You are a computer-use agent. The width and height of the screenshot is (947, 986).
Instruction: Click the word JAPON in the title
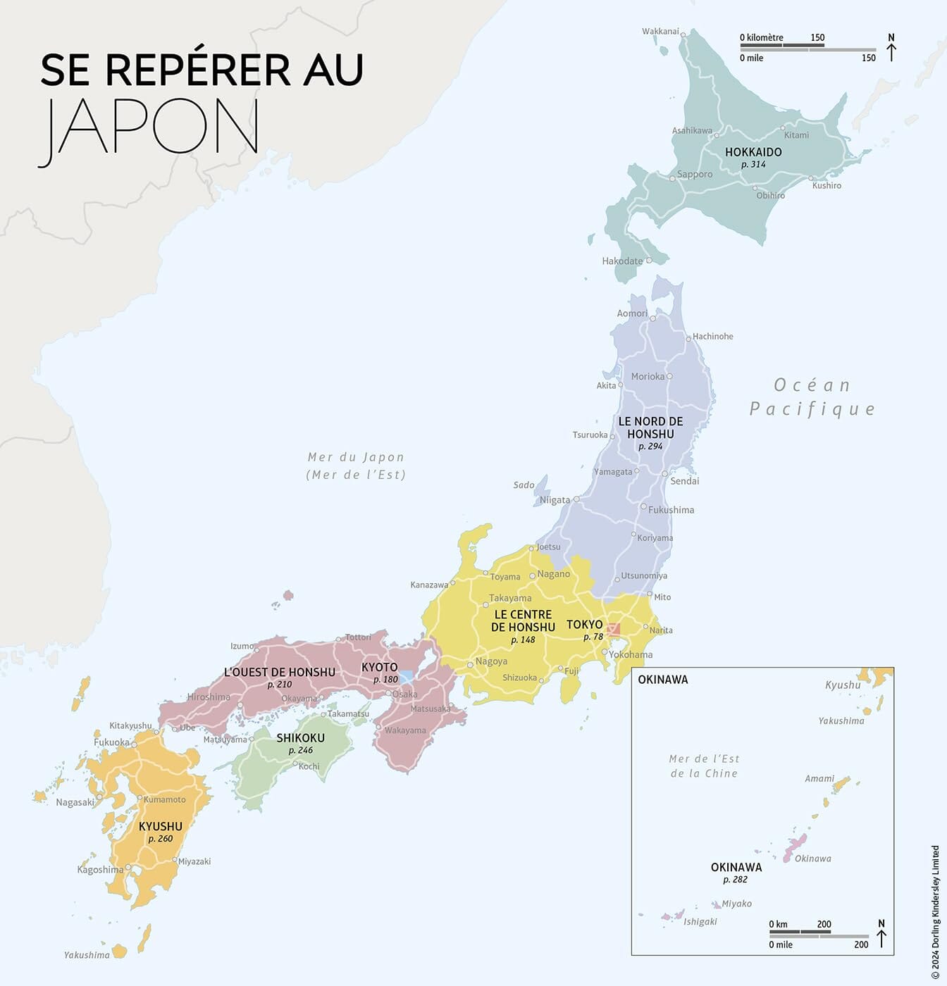[x=149, y=127]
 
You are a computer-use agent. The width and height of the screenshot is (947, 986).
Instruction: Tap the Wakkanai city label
[x=660, y=31]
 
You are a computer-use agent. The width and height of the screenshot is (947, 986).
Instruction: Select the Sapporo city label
[x=695, y=175]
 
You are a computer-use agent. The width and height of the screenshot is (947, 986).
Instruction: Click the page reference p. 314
[x=753, y=164]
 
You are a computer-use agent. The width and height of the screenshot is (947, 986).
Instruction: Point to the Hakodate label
[x=622, y=261]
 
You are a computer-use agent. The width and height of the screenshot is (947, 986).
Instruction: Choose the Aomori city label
[x=632, y=313]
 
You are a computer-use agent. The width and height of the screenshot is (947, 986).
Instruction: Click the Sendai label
[x=684, y=481]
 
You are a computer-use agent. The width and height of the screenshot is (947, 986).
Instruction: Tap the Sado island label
[x=524, y=485]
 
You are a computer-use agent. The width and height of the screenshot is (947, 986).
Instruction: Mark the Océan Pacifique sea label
[x=812, y=397]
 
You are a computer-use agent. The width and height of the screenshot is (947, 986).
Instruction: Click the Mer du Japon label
[x=356, y=458]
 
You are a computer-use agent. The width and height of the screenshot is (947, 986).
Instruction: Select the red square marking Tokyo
[x=614, y=630]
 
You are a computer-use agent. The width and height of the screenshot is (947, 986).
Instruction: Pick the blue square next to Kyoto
[x=407, y=677]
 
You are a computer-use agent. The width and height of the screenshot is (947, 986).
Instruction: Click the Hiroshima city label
[x=209, y=697]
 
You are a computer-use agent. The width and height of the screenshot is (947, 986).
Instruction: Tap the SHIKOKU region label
[x=300, y=738]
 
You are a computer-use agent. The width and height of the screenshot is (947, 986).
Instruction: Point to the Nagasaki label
[x=75, y=802]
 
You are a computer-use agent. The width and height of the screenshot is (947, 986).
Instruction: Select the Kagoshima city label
[x=100, y=870]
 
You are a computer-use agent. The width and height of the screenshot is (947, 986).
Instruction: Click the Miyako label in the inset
[x=736, y=904]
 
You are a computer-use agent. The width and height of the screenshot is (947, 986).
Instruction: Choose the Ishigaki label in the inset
[x=700, y=922]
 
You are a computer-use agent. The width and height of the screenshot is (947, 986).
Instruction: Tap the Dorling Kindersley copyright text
[x=936, y=912]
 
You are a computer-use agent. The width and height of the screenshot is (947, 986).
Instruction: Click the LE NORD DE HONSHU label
[x=650, y=428]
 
